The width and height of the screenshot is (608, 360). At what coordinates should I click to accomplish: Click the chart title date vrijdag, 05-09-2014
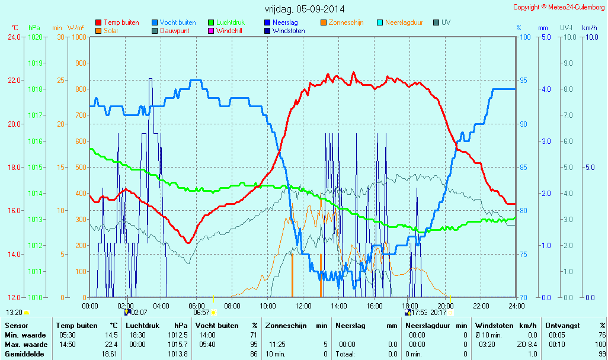point(304,9)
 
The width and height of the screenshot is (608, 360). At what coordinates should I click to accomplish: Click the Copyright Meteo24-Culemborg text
point(559,7)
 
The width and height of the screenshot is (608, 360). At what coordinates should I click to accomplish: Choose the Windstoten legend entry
point(289,31)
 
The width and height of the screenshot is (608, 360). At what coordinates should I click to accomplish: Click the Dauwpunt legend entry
point(174,31)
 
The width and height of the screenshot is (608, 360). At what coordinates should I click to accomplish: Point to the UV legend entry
point(446,22)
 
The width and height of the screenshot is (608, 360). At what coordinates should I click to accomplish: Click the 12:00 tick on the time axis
point(303,306)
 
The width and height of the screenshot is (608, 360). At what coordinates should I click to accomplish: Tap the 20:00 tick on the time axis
point(445,306)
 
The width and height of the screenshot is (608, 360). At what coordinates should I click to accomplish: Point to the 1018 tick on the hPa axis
point(36,89)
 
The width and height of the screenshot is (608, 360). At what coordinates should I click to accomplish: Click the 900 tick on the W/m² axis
point(78,63)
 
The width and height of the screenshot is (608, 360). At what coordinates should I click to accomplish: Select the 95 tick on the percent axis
point(524,81)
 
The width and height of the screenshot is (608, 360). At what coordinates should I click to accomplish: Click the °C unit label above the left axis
point(15,28)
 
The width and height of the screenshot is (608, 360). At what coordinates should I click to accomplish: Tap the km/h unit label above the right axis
point(589,28)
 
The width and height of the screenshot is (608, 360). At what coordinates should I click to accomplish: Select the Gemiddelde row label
point(24,354)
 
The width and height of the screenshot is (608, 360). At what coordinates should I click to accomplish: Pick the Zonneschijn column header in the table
point(287,326)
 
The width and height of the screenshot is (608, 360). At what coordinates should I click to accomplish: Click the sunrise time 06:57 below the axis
point(201,312)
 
